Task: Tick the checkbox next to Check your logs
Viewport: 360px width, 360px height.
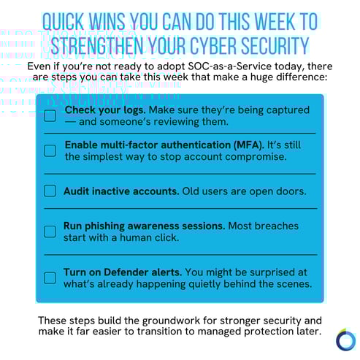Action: click(50, 115)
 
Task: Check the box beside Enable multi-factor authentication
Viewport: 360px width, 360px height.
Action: click(50, 150)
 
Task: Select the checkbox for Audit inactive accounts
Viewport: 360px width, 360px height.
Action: click(50, 191)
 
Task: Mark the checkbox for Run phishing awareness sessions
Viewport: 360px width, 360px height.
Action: click(50, 231)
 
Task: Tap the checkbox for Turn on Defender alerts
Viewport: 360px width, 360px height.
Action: click(50, 277)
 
